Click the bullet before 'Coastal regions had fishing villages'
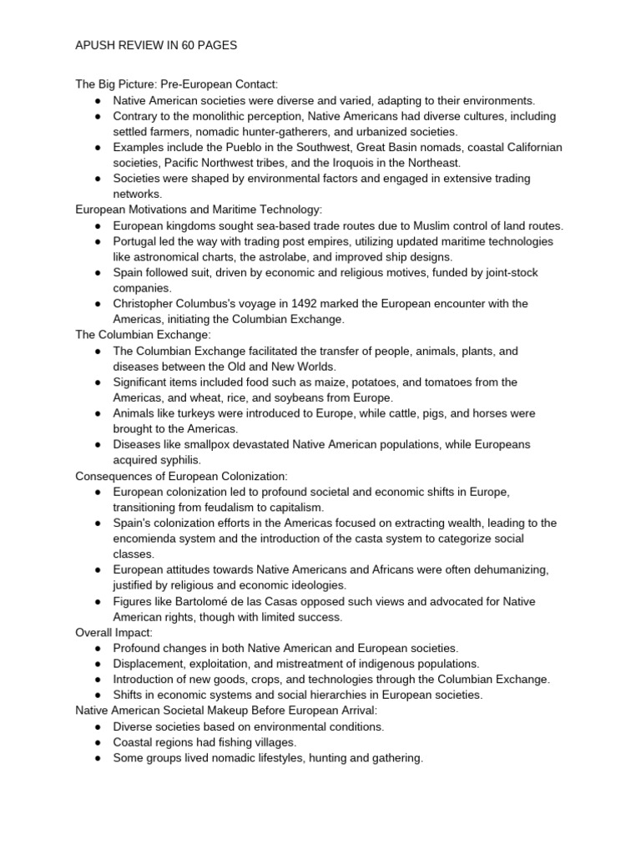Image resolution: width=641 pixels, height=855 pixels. [98, 742]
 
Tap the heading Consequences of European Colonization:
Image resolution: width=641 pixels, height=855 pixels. [181, 476]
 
